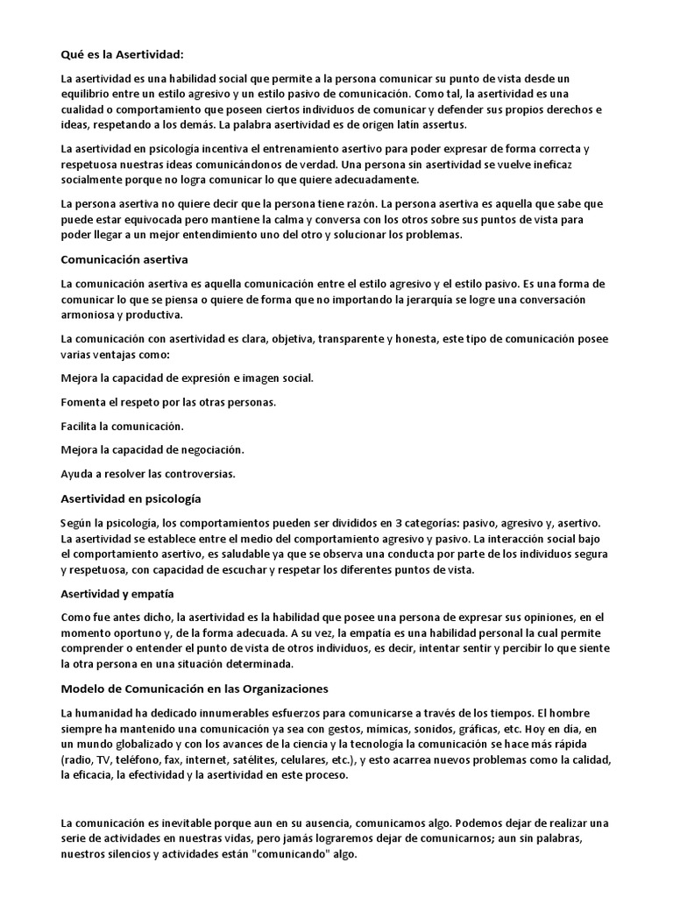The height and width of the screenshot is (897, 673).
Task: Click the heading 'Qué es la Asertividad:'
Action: pyautogui.click(x=122, y=55)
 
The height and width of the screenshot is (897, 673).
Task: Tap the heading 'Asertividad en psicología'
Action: pyautogui.click(x=131, y=498)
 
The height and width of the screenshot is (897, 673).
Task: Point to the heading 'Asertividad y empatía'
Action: pyautogui.click(x=117, y=594)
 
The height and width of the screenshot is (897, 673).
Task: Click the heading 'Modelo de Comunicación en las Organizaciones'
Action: pyautogui.click(x=195, y=689)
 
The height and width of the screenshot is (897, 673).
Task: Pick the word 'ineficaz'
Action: pyautogui.click(x=561, y=166)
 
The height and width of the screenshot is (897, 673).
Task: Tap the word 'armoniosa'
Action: pyautogui.click(x=88, y=315)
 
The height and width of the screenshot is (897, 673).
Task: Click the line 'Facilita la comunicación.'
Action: pyautogui.click(x=122, y=427)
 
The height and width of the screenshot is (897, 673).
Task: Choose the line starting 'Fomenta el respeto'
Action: pyautogui.click(x=168, y=403)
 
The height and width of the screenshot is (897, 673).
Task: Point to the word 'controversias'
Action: pyautogui.click(x=198, y=474)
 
